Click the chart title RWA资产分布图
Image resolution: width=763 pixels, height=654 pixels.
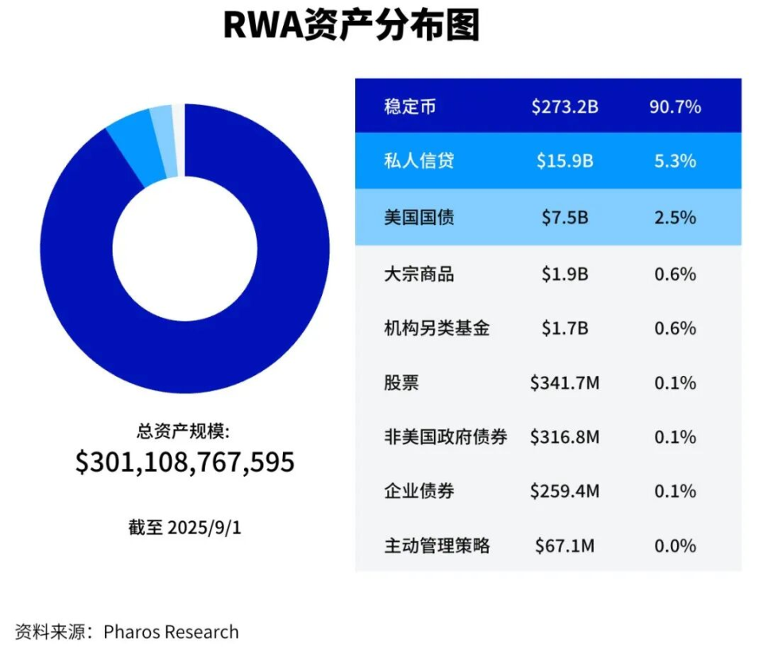pos(351,25)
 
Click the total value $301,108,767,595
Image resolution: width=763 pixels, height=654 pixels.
pos(185,462)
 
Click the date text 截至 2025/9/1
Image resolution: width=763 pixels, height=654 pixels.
pos(184,528)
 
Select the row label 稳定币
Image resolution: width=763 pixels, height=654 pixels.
pos(409,106)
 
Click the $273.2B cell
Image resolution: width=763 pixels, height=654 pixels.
pos(564,106)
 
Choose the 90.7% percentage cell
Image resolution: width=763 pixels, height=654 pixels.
pos(675,106)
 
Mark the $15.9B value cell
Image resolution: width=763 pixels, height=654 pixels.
pos(564,161)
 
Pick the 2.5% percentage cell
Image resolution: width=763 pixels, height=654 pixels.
pos(675,217)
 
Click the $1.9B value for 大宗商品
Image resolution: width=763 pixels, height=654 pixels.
pos(564,274)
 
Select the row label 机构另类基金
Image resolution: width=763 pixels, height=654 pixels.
pos(436,328)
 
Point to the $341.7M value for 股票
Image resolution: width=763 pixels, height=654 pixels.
pos(564,383)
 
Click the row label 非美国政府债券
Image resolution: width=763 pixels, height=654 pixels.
pos(445,437)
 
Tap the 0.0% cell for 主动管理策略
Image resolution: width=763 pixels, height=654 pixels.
pos(675,546)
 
